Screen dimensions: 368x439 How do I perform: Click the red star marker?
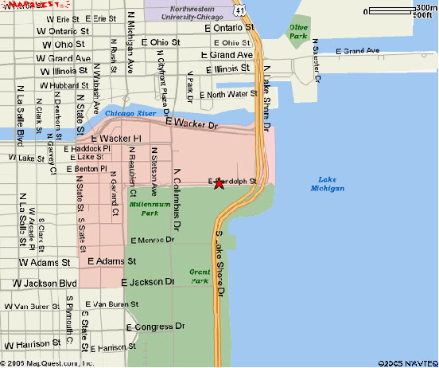click(x=219, y=184)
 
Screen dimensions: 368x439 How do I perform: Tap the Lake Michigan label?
click(x=328, y=183)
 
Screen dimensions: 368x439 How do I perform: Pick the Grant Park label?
click(x=199, y=275)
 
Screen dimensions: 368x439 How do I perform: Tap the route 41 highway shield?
click(x=240, y=8)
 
